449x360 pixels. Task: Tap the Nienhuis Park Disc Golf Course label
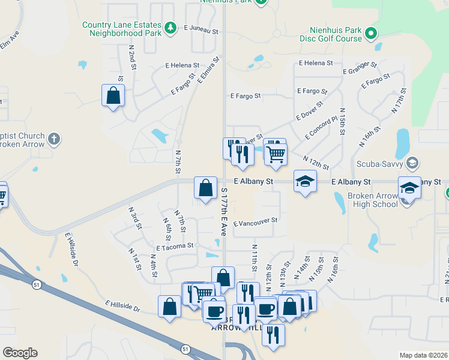336,34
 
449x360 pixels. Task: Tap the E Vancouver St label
255,221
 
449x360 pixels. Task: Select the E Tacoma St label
175,246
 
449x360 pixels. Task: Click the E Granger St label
360,67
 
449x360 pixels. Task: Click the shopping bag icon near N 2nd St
113,95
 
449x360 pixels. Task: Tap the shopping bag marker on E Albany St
205,187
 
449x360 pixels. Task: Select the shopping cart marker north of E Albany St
276,153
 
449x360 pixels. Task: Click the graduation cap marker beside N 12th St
305,181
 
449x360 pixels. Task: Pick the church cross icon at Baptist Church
54,139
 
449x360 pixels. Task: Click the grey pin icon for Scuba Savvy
412,163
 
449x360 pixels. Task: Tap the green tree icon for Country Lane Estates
170,28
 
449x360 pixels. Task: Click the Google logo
20,353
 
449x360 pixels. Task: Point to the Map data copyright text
423,355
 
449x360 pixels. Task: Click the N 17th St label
399,100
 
